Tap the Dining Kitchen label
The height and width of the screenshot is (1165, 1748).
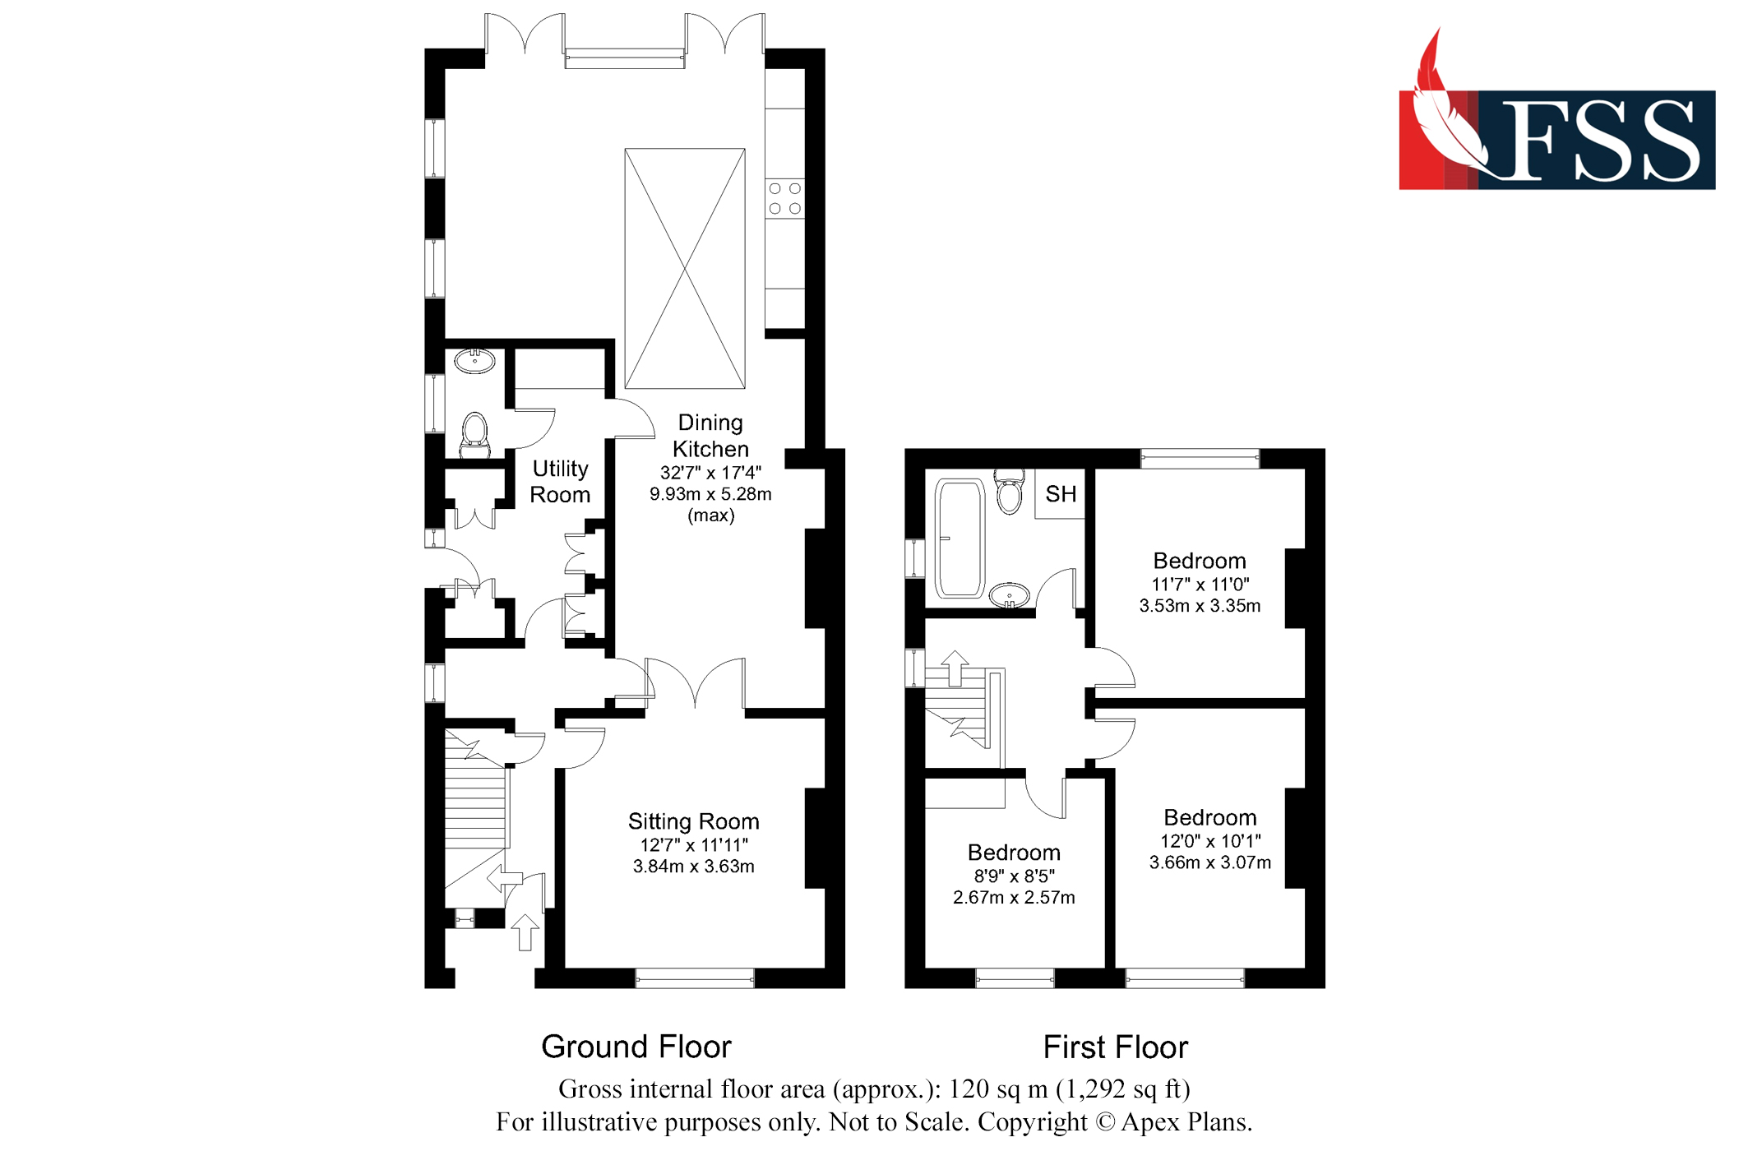click(710, 436)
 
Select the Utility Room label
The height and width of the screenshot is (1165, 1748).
click(560, 482)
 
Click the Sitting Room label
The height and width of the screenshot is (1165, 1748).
click(693, 821)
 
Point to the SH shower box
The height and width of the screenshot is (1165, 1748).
click(1060, 494)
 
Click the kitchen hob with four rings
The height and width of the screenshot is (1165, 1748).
click(784, 198)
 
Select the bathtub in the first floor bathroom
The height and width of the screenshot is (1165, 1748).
click(960, 539)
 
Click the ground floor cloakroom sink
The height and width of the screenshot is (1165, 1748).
click(474, 360)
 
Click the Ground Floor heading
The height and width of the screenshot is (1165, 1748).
click(636, 1047)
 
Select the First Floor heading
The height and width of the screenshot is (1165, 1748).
click(1115, 1047)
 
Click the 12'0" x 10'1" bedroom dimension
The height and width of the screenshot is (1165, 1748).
click(1209, 841)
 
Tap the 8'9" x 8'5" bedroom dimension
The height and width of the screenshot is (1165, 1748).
click(1014, 876)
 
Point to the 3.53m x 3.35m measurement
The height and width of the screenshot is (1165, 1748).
click(1199, 606)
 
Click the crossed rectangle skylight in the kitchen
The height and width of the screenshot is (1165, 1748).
click(684, 268)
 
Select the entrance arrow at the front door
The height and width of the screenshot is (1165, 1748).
click(525, 932)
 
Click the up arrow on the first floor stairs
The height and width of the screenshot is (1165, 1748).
click(955, 667)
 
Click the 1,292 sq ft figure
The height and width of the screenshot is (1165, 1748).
click(1123, 1089)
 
